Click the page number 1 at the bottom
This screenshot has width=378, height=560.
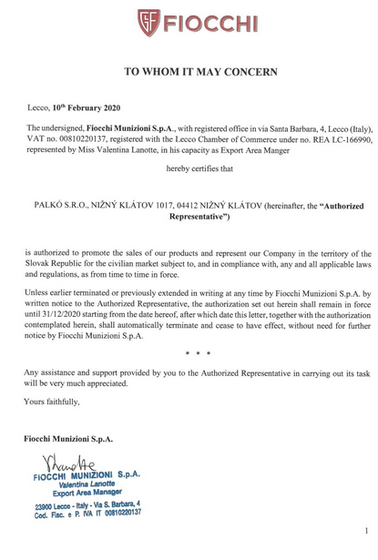click(365, 530)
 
